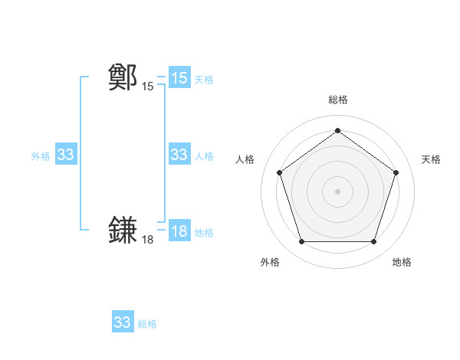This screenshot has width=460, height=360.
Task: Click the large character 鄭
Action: (x=123, y=77)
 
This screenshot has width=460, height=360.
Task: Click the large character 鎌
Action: (x=123, y=231)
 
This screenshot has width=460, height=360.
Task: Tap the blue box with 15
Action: (x=179, y=78)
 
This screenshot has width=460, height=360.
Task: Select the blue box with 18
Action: (x=179, y=232)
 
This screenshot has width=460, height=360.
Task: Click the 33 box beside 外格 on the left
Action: (x=66, y=155)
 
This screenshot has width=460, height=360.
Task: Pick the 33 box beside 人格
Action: (x=179, y=155)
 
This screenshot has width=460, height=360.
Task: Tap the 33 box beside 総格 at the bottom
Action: (x=123, y=322)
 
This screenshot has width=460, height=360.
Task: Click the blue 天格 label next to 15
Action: (x=204, y=80)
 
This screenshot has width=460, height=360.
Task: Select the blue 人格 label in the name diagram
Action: (x=204, y=156)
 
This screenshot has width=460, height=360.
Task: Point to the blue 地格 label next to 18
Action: (x=204, y=233)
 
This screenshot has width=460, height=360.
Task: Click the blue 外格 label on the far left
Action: (x=41, y=156)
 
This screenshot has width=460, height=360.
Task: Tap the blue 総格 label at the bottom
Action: (x=147, y=324)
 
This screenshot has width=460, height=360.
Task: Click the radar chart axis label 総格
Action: (x=337, y=100)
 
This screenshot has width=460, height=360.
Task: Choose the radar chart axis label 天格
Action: (x=431, y=159)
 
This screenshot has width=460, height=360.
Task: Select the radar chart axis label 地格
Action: (x=402, y=262)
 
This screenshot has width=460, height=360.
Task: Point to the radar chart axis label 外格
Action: (x=270, y=262)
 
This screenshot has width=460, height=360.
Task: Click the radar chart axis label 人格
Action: (x=245, y=159)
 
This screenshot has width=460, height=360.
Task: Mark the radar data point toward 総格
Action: (x=337, y=130)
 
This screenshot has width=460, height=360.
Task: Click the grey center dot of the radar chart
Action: (x=337, y=191)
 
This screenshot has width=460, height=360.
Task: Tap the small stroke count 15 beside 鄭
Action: (x=147, y=87)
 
